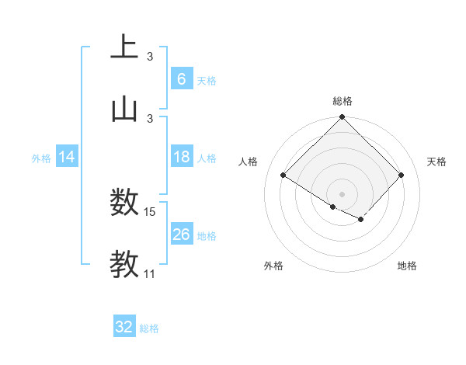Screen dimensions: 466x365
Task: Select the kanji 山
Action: pos(124,109)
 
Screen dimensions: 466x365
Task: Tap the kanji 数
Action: pos(124,204)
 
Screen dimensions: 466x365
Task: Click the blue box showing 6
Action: pos(181,78)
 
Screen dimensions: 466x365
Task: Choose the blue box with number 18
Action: pos(181,158)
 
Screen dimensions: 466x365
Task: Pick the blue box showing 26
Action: pos(181,235)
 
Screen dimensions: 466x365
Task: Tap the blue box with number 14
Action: pos(67,158)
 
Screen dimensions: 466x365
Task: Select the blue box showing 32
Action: pos(124,327)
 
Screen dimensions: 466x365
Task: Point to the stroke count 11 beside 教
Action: pos(150,274)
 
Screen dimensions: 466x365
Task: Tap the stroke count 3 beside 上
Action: pos(150,56)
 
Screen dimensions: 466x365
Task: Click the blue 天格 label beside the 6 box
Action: pos(207,80)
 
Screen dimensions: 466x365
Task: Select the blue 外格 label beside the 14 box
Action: pos(41,158)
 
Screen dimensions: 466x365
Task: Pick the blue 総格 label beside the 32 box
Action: pos(149,328)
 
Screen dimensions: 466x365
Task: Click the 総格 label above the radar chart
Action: pos(343,101)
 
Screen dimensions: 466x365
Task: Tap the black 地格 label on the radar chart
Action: pos(407,266)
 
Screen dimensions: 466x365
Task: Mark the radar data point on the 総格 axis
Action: pos(343,118)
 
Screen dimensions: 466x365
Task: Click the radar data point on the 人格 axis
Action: pos(283,175)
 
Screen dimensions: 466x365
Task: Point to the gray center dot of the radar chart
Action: pos(343,193)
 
